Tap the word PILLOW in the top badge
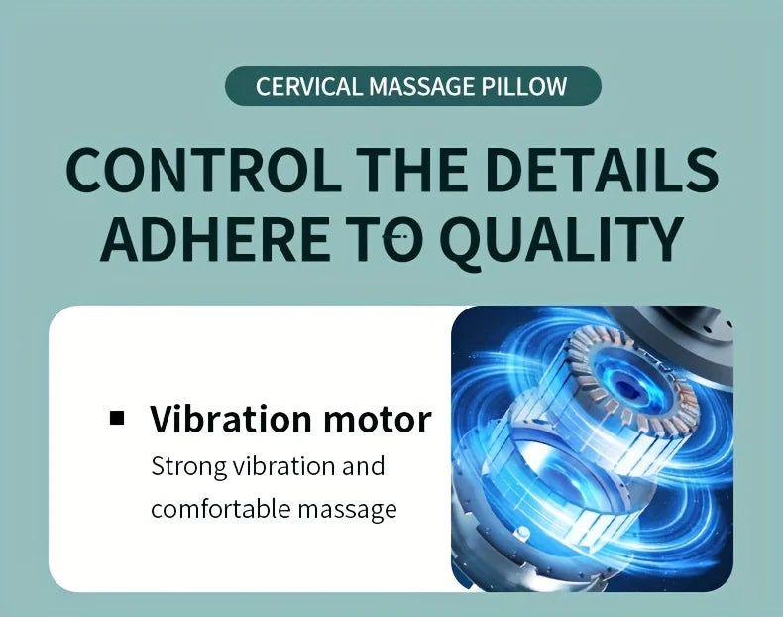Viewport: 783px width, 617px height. click(526, 86)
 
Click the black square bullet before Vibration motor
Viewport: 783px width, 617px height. click(118, 418)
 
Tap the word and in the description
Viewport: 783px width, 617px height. click(363, 465)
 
